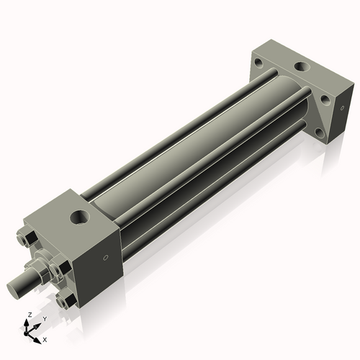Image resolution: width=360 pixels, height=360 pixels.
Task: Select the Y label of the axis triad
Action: pyautogui.click(x=44, y=318)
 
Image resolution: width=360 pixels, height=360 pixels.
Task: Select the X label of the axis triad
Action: pyautogui.click(x=45, y=338)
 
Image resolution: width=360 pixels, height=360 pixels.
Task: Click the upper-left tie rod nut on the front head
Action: pyautogui.click(x=22, y=236)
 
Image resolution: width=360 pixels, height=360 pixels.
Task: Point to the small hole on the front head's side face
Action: pyautogui.click(x=107, y=257)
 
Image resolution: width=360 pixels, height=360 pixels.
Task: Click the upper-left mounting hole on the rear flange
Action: pyautogui.click(x=258, y=63)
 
